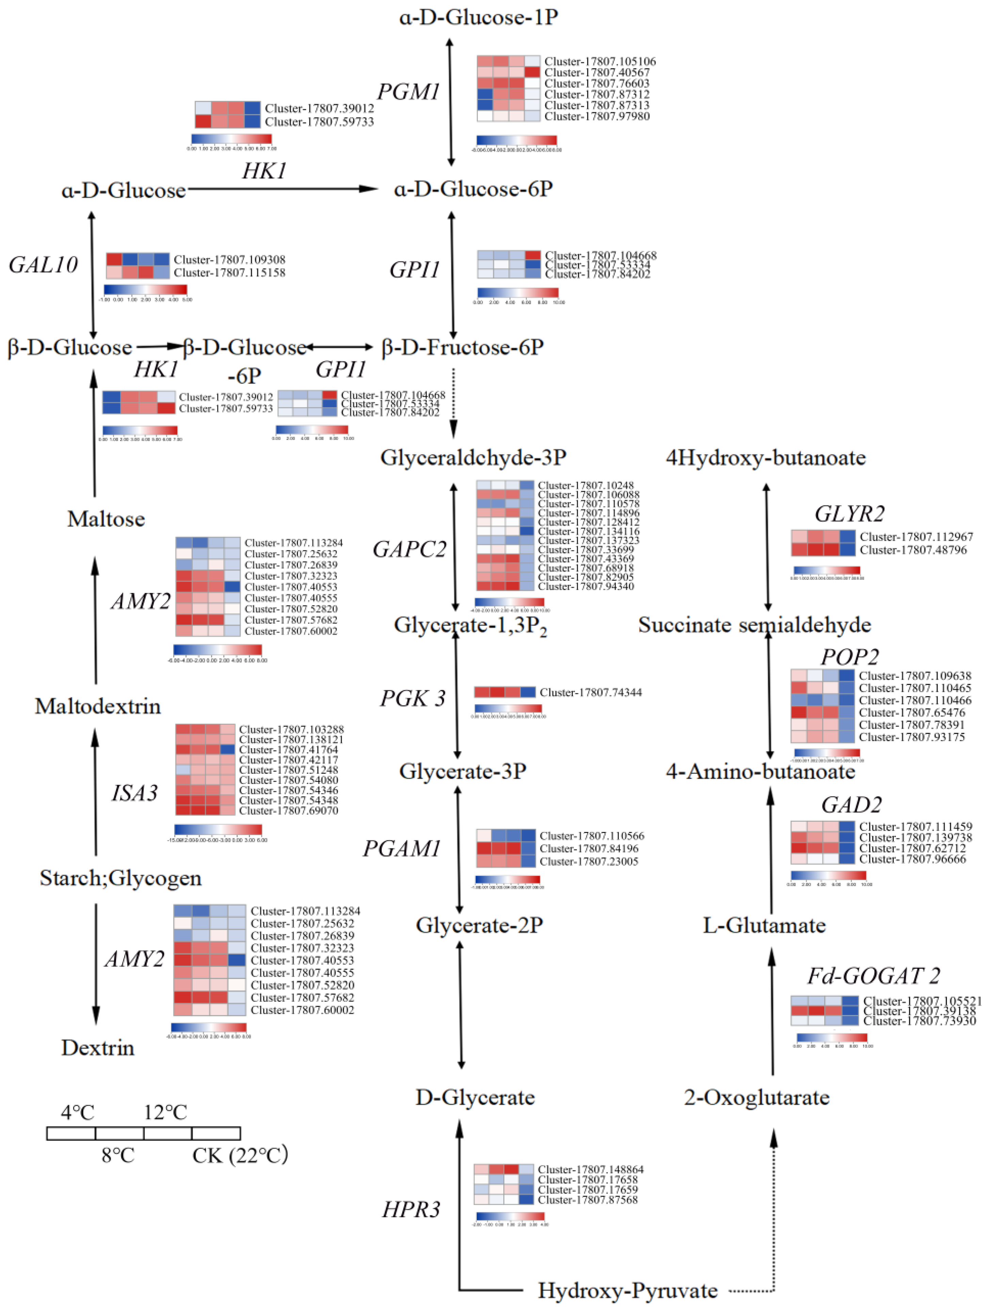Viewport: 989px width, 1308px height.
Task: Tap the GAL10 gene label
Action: (x=43, y=265)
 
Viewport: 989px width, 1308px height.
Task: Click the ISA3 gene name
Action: (x=135, y=793)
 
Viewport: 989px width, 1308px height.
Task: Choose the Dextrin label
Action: (x=98, y=1064)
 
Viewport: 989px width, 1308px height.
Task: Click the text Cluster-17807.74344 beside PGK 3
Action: (x=590, y=692)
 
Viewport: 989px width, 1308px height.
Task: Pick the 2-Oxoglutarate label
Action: (x=757, y=1097)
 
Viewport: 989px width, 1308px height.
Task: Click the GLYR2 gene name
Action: (x=849, y=514)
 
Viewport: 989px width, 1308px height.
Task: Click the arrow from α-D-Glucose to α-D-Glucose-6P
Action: (x=283, y=189)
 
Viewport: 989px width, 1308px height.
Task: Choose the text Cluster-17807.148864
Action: (x=590, y=1169)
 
